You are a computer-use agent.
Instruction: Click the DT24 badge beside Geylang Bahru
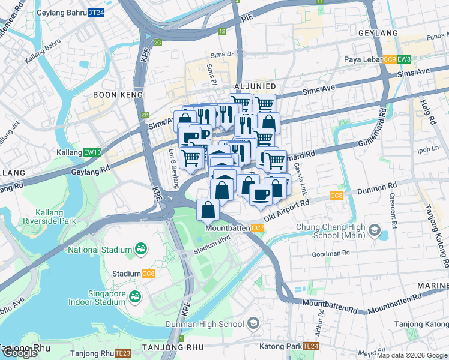(95, 12)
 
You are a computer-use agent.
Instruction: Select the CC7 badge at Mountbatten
(257, 229)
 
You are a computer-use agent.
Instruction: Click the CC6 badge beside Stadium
(148, 274)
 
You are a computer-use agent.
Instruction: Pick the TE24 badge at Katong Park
(310, 347)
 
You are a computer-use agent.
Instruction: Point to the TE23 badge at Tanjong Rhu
(122, 353)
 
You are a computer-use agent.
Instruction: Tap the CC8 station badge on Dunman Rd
(336, 196)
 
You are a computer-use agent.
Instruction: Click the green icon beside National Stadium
(141, 248)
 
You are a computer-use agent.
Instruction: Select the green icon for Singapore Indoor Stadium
(136, 296)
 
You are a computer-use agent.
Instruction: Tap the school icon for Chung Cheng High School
(375, 230)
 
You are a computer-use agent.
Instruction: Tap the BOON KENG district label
(118, 95)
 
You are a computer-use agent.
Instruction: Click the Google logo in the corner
(20, 353)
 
